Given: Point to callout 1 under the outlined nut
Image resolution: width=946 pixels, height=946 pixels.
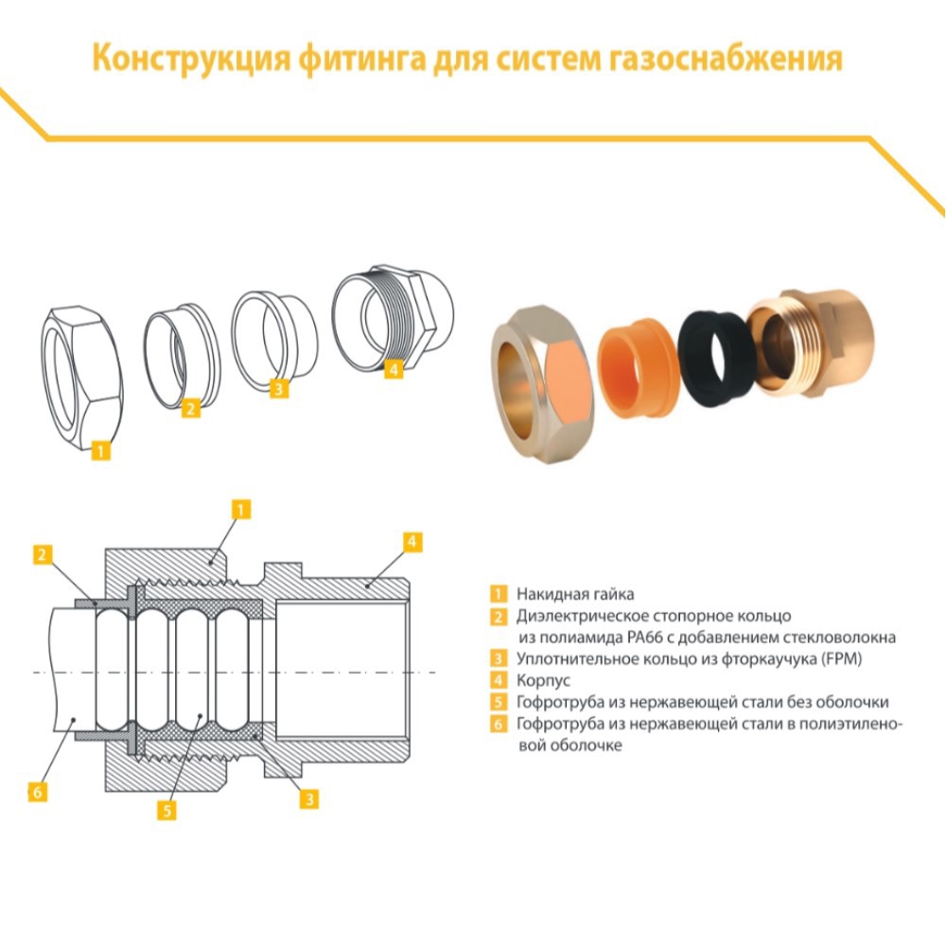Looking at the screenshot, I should (101, 451).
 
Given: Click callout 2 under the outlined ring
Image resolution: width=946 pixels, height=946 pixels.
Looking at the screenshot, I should (191, 408).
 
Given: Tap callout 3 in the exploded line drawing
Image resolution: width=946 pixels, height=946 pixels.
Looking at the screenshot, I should (277, 389).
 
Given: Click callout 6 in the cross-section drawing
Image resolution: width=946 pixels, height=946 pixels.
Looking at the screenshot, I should (38, 792).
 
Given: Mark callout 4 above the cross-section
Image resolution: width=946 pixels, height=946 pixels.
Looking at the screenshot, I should (412, 542).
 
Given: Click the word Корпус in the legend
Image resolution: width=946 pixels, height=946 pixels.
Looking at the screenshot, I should (542, 680).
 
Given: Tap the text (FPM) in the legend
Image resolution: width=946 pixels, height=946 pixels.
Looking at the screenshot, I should (841, 658).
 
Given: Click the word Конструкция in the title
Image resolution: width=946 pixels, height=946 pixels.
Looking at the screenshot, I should (182, 60).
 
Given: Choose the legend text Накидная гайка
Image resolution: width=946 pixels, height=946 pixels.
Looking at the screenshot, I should (574, 594).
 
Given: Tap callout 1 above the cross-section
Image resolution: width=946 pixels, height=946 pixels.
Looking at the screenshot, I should (241, 510).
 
